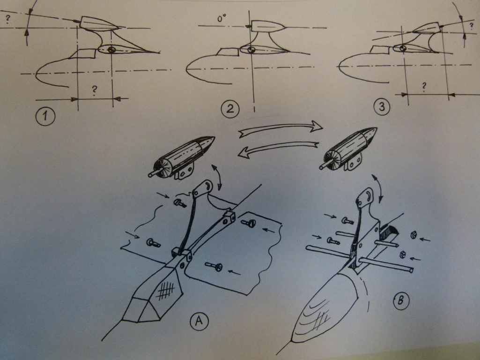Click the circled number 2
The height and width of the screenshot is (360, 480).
[x=230, y=109]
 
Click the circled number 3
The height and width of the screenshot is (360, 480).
[x=382, y=107]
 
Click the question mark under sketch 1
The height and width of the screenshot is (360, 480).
[x=95, y=90]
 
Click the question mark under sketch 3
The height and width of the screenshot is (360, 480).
[x=424, y=86]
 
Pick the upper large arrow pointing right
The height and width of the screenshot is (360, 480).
[x=280, y=128]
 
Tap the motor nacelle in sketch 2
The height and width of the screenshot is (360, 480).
[x=266, y=26]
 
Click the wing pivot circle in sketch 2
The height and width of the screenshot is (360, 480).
[x=251, y=49]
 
